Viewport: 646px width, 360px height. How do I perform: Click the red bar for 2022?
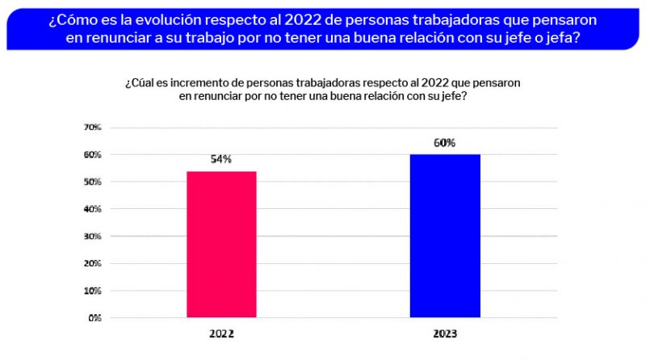click(x=221, y=244)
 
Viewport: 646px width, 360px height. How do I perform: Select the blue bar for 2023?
click(x=445, y=236)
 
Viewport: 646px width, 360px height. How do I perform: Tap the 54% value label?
click(x=221, y=159)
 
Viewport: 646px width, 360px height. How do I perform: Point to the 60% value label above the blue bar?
click(x=445, y=143)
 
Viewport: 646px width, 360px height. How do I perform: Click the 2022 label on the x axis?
click(x=221, y=333)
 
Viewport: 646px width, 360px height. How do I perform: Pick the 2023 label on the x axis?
click(x=445, y=333)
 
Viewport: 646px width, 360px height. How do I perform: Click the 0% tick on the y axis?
click(x=94, y=317)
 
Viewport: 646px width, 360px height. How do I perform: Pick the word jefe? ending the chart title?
click(x=452, y=95)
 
